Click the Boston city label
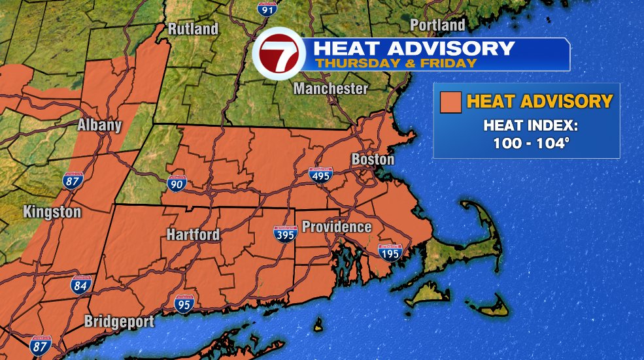tap(373, 159)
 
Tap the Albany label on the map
tap(99, 125)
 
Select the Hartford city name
tap(193, 235)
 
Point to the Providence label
tap(337, 227)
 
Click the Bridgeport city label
tap(119, 322)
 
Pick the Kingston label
tap(52, 212)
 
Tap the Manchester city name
tap(331, 88)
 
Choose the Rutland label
tap(193, 29)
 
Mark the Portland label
tap(437, 25)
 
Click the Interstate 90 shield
tap(177, 184)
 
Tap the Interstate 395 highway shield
tap(285, 234)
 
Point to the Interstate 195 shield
tap(390, 252)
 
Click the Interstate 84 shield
tap(81, 284)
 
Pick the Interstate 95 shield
tap(184, 303)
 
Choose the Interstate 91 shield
tap(265, 8)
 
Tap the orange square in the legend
tap(450, 102)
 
